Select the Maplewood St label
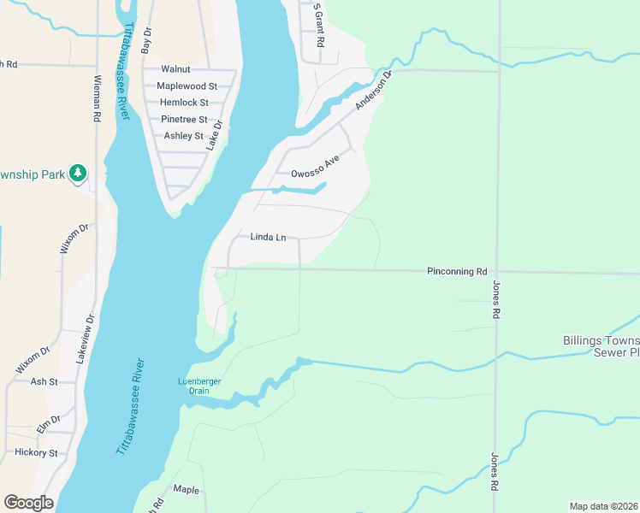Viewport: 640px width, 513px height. (187, 86)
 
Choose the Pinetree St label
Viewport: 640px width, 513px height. (184, 120)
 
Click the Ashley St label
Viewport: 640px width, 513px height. (183, 136)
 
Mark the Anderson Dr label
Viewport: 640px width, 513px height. (373, 90)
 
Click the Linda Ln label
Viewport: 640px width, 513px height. (268, 237)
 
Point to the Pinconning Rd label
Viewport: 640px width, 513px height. (457, 271)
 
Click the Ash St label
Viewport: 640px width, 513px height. (44, 382)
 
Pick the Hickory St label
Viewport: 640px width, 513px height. (35, 453)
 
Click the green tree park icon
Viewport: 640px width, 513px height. (79, 174)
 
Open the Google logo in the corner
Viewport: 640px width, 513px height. (28, 503)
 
